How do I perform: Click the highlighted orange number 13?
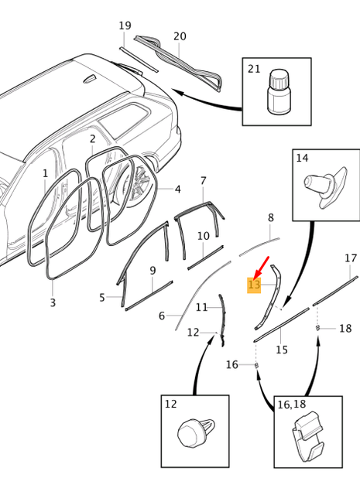coord(254,285)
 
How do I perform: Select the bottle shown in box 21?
coord(276,93)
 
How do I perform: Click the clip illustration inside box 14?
coord(320,188)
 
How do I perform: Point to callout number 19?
coord(125,26)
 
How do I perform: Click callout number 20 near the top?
coord(180,36)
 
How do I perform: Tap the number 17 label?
coord(351,258)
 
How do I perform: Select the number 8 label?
coord(270,218)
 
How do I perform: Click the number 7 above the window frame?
coord(204,181)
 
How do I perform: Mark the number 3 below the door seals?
coord(53,302)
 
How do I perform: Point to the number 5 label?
coord(102,297)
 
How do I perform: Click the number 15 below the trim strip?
coord(282,350)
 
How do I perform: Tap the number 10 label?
coord(203,236)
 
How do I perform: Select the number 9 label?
coord(153,270)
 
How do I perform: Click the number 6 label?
coord(162,316)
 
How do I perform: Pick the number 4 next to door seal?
coord(178,189)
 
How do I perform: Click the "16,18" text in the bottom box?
coord(291,405)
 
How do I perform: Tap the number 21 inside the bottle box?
coord(254,69)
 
